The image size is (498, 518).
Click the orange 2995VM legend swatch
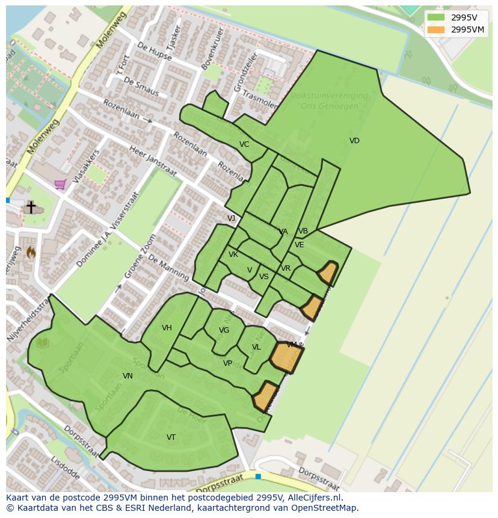(436, 29)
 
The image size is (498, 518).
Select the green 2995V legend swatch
(436, 17)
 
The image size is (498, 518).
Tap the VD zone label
(354, 141)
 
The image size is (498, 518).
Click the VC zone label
(244, 144)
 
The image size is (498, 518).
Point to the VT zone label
(171, 437)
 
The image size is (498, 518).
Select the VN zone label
(128, 376)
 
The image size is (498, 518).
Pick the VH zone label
(167, 328)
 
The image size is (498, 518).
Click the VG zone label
(224, 330)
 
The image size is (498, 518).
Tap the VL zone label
(256, 347)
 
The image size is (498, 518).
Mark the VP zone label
(227, 363)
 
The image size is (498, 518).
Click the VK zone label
(233, 254)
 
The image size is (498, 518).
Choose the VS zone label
(264, 277)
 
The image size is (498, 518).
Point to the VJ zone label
(232, 218)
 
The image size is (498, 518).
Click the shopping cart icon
(60, 185)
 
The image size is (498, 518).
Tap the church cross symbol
(31, 207)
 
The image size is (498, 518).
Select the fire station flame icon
(31, 253)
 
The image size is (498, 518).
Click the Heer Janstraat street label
(153, 161)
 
